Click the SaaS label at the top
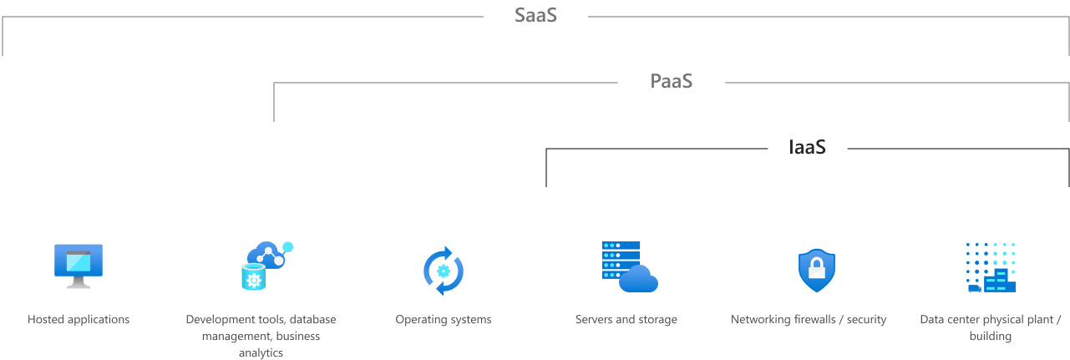(535, 15)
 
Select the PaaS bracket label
(672, 81)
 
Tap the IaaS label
(807, 147)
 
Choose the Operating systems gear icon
(444, 270)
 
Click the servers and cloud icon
(629, 266)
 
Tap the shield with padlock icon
(816, 270)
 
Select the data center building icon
(991, 267)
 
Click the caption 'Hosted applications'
(79, 319)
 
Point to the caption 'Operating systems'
(444, 319)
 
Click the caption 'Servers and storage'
(626, 319)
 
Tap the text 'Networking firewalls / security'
(809, 319)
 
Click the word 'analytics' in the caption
(261, 352)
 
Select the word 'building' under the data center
(991, 336)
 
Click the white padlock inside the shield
(816, 270)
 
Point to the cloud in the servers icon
(639, 279)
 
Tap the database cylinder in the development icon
(253, 277)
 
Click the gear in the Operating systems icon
(444, 270)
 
